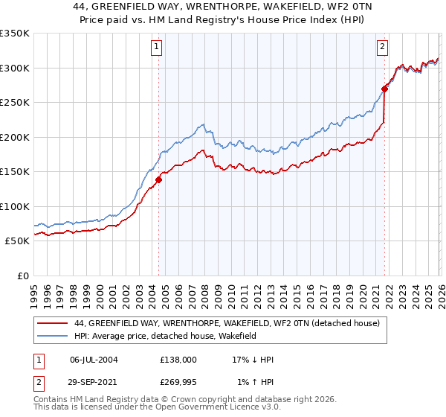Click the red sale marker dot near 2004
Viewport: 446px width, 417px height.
pos(158,179)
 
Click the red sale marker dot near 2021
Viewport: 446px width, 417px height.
pos(384,89)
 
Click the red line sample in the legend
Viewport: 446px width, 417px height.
pos(53,324)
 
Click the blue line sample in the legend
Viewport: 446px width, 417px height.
pos(53,337)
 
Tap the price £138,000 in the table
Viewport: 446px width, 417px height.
pos(178,359)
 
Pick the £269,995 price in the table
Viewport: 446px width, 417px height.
pos(178,383)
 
